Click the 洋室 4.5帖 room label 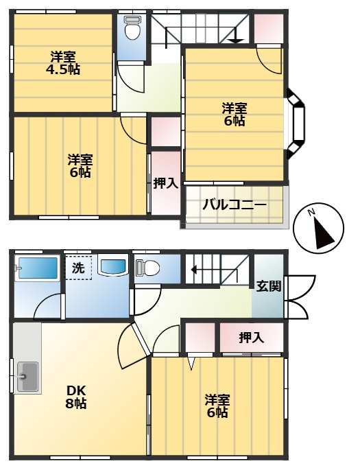(x=62, y=63)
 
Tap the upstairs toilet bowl (x=132, y=27)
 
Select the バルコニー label (x=234, y=205)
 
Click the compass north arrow (x=324, y=234)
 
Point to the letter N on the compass (x=311, y=212)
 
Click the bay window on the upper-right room (x=296, y=123)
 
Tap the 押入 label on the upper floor (x=165, y=183)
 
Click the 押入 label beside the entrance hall (x=252, y=338)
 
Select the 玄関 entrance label (x=269, y=286)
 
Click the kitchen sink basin (x=27, y=376)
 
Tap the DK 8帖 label (x=76, y=397)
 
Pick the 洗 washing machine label (x=78, y=268)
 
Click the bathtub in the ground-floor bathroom (x=38, y=268)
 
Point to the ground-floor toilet (x=147, y=268)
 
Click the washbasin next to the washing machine (x=113, y=266)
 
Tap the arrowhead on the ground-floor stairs (x=194, y=270)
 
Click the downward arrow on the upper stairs (x=236, y=35)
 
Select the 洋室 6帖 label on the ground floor (x=217, y=406)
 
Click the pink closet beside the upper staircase (x=268, y=28)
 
